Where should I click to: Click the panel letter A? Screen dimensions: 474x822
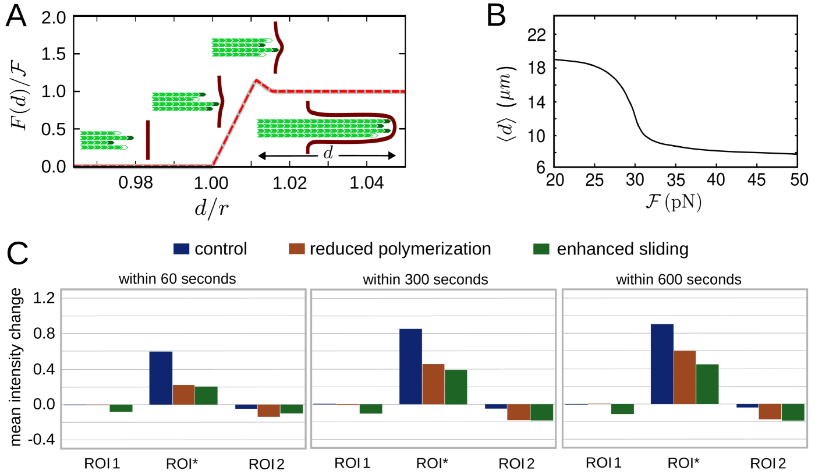[x=16, y=19]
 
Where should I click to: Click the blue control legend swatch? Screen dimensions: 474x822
[x=182, y=249]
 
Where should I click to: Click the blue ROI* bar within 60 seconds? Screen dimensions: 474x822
[x=161, y=378]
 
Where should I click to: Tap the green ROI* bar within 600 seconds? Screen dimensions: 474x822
[x=707, y=384]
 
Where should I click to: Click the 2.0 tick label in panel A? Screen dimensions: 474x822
[x=55, y=17]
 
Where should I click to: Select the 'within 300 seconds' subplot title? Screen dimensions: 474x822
[x=426, y=280]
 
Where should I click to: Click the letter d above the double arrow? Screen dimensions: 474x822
[x=328, y=153]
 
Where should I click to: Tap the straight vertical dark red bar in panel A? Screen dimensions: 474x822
[x=148, y=140]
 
